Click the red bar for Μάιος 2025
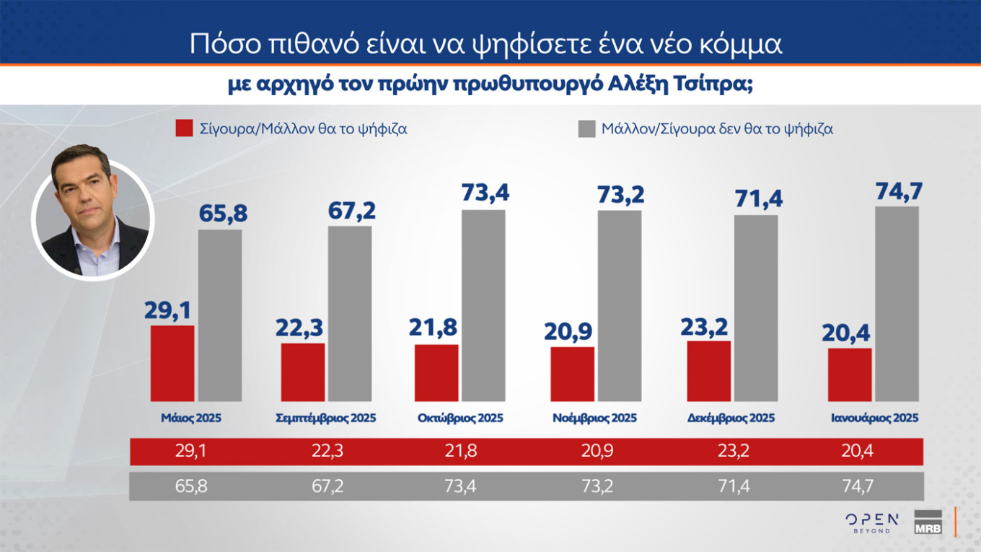pos(172,363)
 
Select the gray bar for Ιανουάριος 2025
pos(897,304)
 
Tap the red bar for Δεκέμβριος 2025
pos(708,371)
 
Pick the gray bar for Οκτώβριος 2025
pos(483,305)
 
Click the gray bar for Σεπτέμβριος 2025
pos(350,313)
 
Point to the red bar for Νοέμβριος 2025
pos(572,374)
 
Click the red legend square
pos(184,129)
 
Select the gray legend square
pos(586,129)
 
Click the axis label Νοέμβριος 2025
pos(594,418)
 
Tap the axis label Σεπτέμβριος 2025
pos(326,418)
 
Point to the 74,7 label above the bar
pos(897,192)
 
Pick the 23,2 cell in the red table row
pos(729,451)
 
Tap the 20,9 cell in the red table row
pos(594,451)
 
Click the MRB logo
pos(928,523)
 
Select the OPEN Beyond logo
pos(871,522)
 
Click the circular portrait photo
pos(92,220)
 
